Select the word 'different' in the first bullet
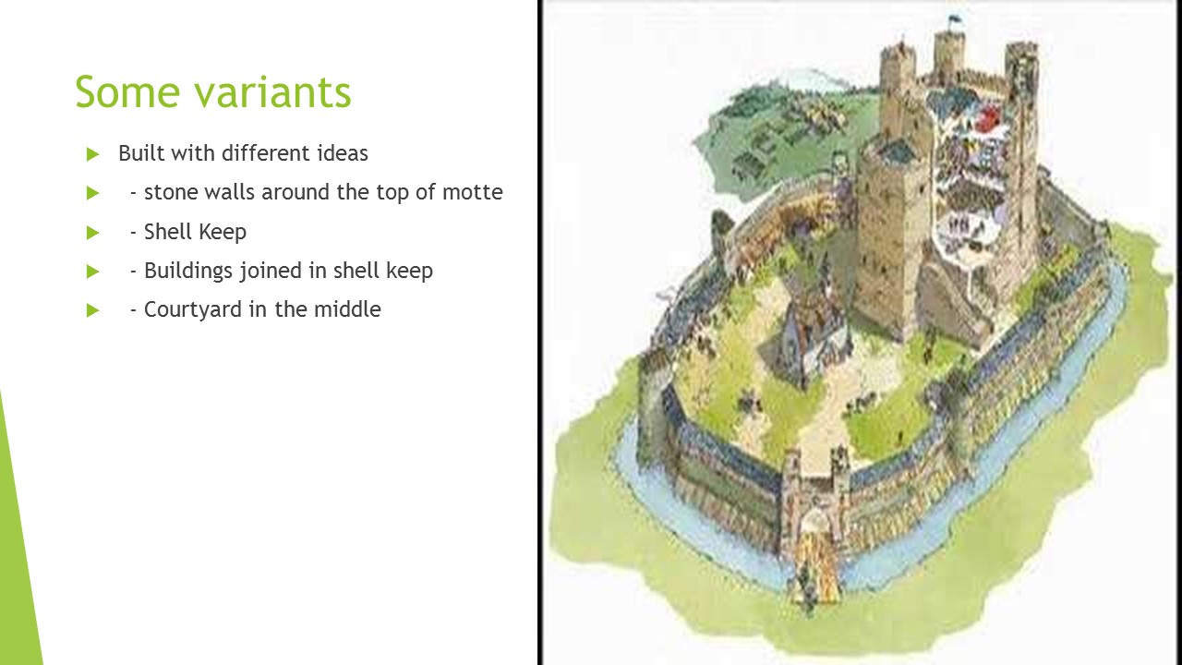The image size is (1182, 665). coord(266,153)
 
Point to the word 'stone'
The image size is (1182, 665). coord(171,192)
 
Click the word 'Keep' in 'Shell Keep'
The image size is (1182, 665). coord(222,232)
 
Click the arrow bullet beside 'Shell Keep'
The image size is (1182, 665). coord(92,233)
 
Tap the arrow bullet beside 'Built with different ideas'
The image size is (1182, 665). coord(92,154)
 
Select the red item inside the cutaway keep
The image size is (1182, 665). coord(987,119)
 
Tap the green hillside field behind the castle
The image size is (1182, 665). coord(785,129)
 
